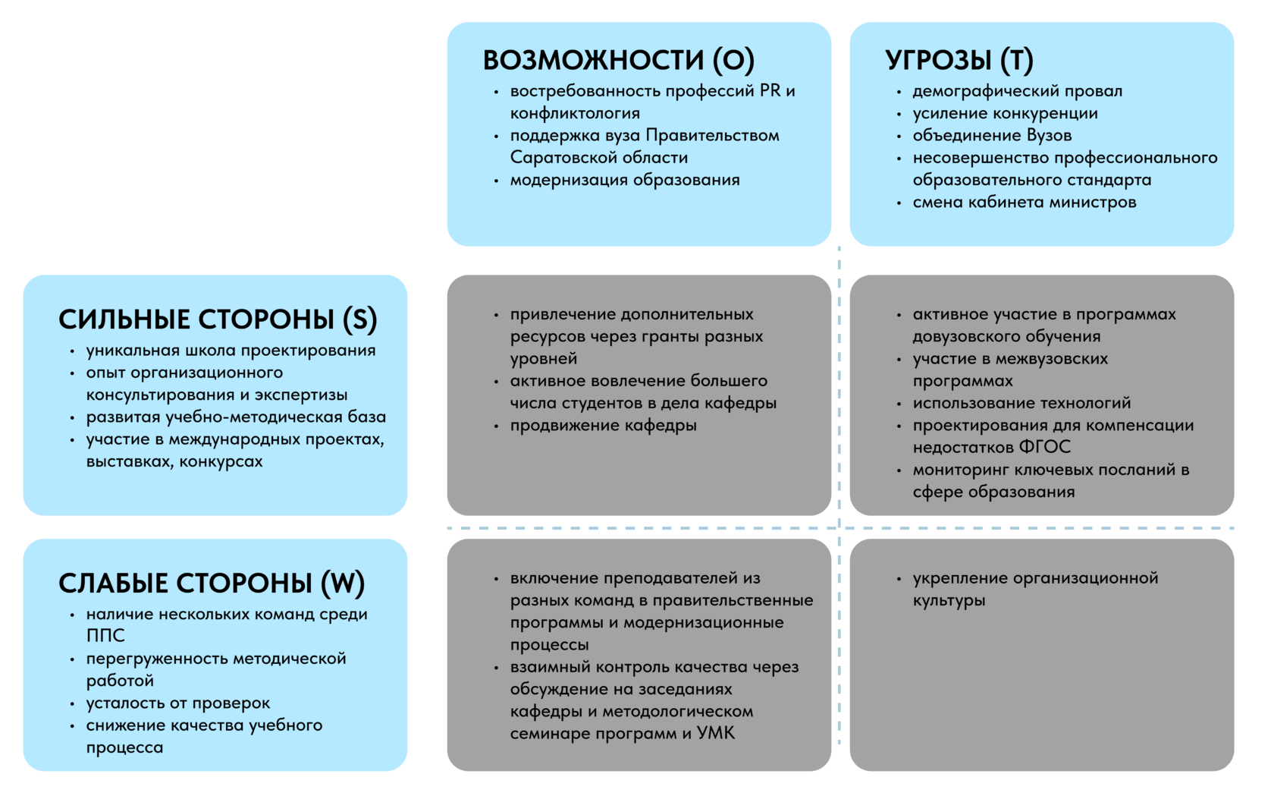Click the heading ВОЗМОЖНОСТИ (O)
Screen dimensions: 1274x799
[x=619, y=60]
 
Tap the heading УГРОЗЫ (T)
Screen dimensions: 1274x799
[x=959, y=60]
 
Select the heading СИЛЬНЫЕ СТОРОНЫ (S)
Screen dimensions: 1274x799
[x=218, y=319]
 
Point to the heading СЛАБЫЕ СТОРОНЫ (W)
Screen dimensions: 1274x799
[x=212, y=583]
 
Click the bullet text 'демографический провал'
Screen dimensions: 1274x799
[x=1017, y=91]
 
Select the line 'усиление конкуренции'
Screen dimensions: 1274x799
[x=1005, y=114]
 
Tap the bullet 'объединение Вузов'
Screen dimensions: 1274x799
[x=992, y=136]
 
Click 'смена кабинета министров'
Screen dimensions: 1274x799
[x=1024, y=203]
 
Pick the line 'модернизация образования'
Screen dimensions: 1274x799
[x=624, y=181]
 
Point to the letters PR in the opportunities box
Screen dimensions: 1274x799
[x=770, y=91]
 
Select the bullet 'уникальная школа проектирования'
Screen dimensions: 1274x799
[x=231, y=351]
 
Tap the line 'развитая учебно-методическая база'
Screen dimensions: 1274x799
[x=236, y=417]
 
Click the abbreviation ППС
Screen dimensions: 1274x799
[x=105, y=636]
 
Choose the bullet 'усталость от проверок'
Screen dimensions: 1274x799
[x=177, y=703]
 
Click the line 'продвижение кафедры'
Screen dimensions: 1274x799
[x=603, y=426]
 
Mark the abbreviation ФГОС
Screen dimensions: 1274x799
[x=1045, y=448]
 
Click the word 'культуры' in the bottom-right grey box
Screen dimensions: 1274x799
[x=949, y=601]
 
